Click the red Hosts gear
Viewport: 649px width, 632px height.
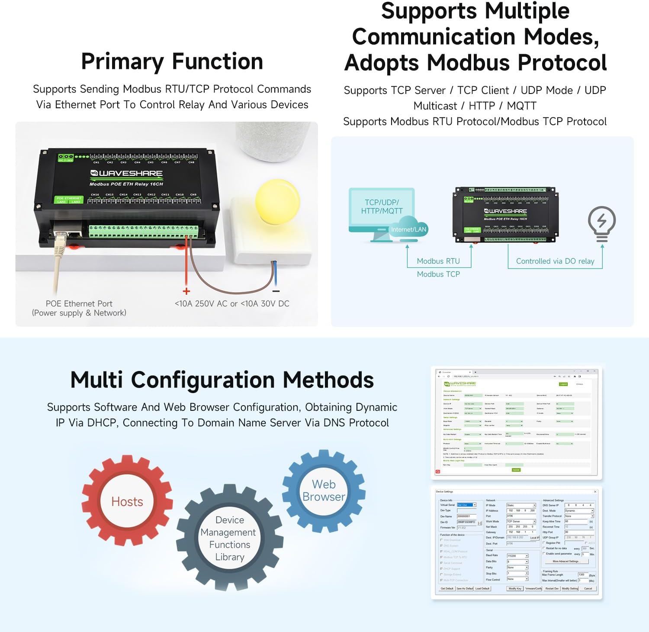pos(127,501)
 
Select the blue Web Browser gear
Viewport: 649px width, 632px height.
pos(324,490)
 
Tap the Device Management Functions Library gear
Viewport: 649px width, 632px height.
pos(229,538)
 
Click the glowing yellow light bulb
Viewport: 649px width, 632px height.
pos(277,202)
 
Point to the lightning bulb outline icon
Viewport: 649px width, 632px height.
pos(601,223)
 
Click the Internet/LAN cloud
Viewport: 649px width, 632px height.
pos(408,229)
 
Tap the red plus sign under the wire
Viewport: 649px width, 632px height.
pos(186,291)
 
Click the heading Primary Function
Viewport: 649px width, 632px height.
pos(172,61)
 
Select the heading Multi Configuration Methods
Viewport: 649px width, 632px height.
pos(222,380)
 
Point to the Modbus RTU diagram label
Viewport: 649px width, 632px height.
pos(438,261)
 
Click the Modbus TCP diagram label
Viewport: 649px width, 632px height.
pos(438,274)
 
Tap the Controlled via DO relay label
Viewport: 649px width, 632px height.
pos(555,261)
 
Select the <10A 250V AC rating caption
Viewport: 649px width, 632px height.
pos(232,303)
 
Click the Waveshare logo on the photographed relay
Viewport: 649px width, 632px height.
pos(126,173)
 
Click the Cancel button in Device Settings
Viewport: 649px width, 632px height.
pos(588,588)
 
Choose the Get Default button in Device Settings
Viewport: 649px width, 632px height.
pos(447,588)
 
